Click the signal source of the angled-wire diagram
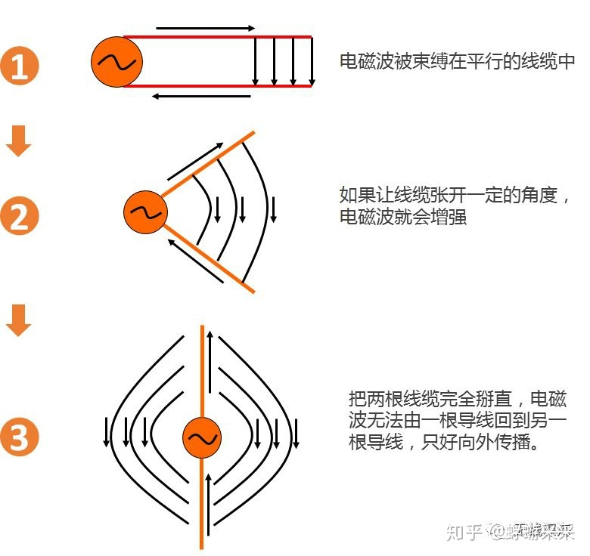tap(145, 212)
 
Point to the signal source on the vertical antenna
tap(202, 438)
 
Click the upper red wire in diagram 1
tap(219, 36)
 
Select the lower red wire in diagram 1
tap(219, 86)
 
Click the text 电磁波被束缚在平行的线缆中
tap(458, 62)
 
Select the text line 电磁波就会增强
tap(403, 218)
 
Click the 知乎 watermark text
tap(464, 533)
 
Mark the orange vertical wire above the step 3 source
tap(202, 370)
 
